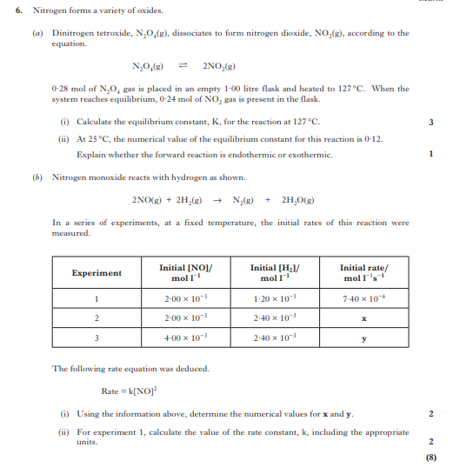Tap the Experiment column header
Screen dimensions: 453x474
[96, 272]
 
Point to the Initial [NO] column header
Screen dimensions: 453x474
[185, 272]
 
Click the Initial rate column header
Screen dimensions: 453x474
[363, 272]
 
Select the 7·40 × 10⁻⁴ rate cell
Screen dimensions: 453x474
[363, 299]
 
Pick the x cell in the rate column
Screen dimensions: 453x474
[363, 318]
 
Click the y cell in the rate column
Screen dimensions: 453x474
[363, 337]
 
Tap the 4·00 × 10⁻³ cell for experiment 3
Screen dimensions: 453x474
[185, 337]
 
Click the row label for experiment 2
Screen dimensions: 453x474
[96, 318]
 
